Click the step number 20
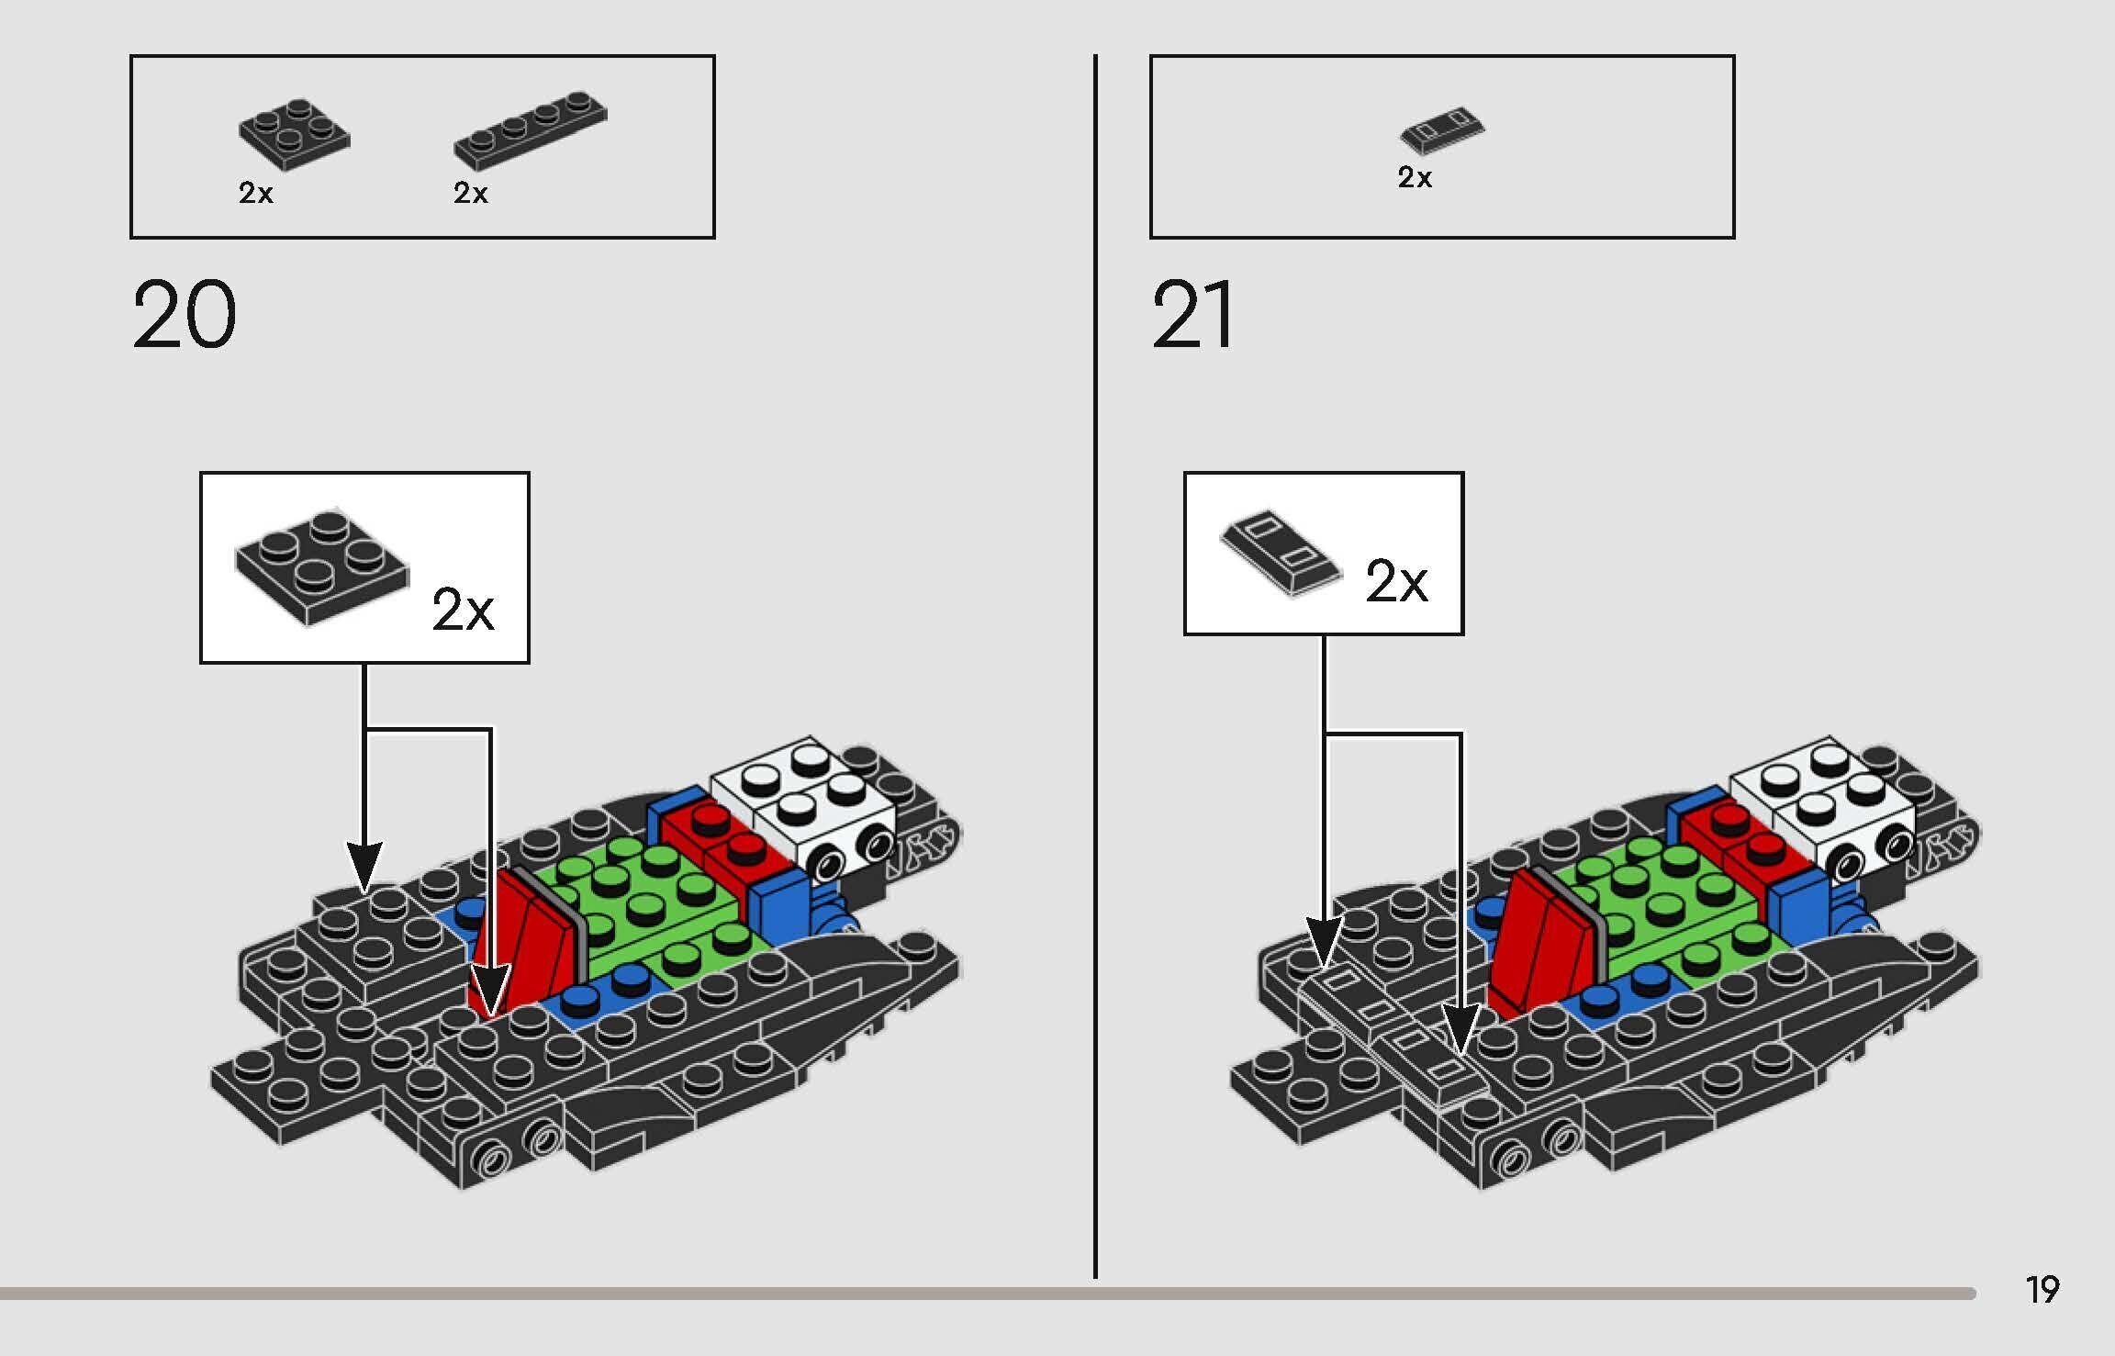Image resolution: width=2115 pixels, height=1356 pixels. click(x=185, y=316)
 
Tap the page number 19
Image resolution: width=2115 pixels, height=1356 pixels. click(x=2042, y=1290)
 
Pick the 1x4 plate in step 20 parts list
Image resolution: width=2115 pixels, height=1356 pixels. click(x=530, y=129)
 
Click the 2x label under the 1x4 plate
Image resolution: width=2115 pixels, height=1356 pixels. click(x=470, y=193)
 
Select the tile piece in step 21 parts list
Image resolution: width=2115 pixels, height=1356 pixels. click(x=1442, y=131)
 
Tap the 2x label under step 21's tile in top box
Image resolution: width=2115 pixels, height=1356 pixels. click(x=1415, y=177)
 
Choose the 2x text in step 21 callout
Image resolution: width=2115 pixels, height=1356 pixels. click(x=1396, y=581)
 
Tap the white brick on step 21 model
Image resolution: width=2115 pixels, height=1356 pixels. click(x=1823, y=804)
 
